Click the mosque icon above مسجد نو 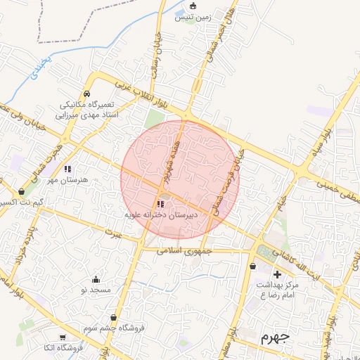tap(96, 278)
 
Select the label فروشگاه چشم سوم tap(113, 328)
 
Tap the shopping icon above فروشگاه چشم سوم tap(113, 317)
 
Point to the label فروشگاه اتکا tap(65, 349)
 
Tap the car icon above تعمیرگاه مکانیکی tap(86, 94)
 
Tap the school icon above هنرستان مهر tap(67, 169)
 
